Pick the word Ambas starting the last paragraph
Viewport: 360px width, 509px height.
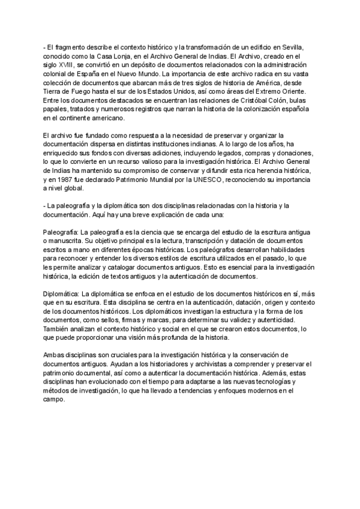coord(56,355)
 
